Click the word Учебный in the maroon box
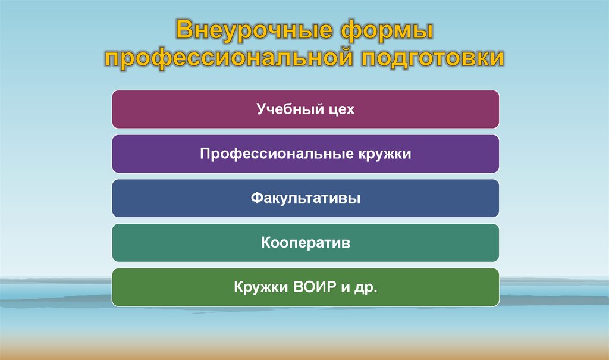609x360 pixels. click(x=288, y=109)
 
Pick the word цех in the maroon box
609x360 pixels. click(x=340, y=109)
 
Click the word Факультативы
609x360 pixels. click(x=305, y=199)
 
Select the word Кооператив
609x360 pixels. click(x=305, y=243)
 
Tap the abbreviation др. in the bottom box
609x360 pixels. click(x=367, y=288)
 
